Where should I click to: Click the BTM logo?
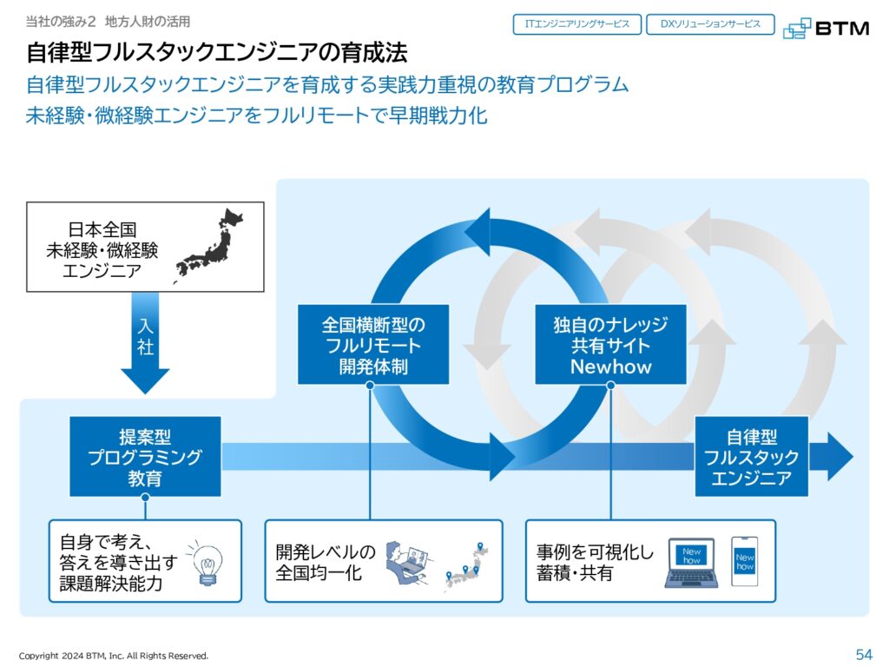click(826, 28)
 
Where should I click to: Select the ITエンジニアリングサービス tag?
click(577, 24)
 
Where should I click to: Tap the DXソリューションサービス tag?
click(710, 24)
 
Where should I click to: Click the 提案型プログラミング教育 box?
click(145, 457)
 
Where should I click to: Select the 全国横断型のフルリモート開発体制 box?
click(373, 345)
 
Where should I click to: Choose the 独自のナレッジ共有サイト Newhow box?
click(610, 345)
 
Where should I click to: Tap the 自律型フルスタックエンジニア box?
click(751, 457)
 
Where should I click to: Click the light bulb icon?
click(207, 563)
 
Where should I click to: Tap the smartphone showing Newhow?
click(744, 562)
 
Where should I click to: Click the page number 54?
click(864, 655)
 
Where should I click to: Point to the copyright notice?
click(114, 656)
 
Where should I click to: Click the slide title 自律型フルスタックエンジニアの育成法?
click(217, 53)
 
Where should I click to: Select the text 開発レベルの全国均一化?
click(326, 562)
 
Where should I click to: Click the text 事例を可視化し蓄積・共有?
click(595, 562)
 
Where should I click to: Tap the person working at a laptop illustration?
click(407, 562)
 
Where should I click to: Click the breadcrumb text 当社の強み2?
click(61, 22)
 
